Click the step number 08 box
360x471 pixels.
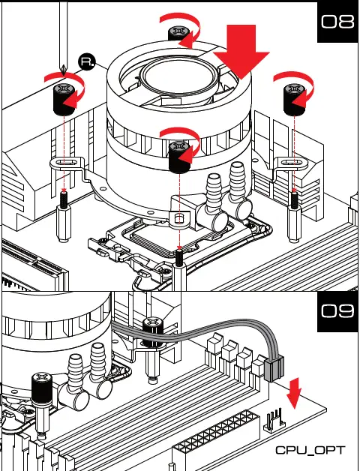point(337,22)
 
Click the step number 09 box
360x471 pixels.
point(337,311)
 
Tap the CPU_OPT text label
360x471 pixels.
point(310,450)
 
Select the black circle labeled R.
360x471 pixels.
point(87,62)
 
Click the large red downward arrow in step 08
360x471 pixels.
point(241,51)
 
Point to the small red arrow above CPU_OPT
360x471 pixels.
point(293,393)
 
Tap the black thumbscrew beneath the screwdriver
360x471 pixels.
point(64,100)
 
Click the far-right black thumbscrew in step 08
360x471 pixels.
point(294,100)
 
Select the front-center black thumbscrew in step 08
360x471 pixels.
point(180,157)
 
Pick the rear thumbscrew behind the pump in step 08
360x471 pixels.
point(178,34)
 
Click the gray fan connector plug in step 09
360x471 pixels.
point(274,368)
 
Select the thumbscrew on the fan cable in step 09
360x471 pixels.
point(153,333)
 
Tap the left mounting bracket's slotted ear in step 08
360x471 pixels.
point(67,163)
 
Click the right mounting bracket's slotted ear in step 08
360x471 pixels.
point(291,163)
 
